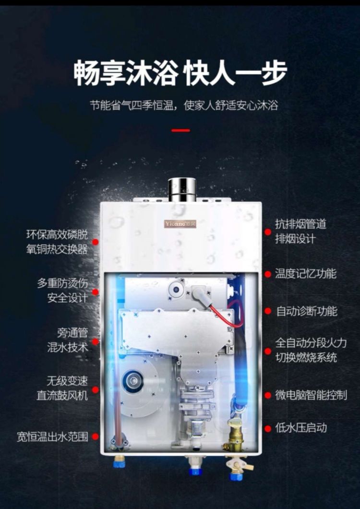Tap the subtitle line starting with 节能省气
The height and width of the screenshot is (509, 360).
[184, 106]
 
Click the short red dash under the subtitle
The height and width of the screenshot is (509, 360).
[181, 130]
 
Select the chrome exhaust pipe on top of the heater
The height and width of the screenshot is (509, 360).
[182, 190]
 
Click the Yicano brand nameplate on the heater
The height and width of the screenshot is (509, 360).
[180, 224]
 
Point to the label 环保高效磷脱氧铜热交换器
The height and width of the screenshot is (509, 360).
[57, 242]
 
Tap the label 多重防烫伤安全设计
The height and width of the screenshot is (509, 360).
[63, 290]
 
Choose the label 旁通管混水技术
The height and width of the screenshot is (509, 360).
[68, 340]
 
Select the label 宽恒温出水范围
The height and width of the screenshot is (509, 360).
[53, 436]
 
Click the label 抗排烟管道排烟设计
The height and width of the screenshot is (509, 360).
[300, 231]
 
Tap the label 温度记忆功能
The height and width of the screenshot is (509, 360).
[306, 273]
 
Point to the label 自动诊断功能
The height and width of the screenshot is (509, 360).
[307, 311]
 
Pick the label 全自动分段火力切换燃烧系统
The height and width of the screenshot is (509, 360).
[311, 350]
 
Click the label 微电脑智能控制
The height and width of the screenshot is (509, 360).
[311, 395]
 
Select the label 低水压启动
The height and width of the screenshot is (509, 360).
[301, 428]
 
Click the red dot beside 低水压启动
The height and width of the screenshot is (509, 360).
[268, 428]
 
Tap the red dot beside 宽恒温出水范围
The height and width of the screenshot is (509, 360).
[95, 436]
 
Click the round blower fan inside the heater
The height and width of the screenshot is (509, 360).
[133, 381]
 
